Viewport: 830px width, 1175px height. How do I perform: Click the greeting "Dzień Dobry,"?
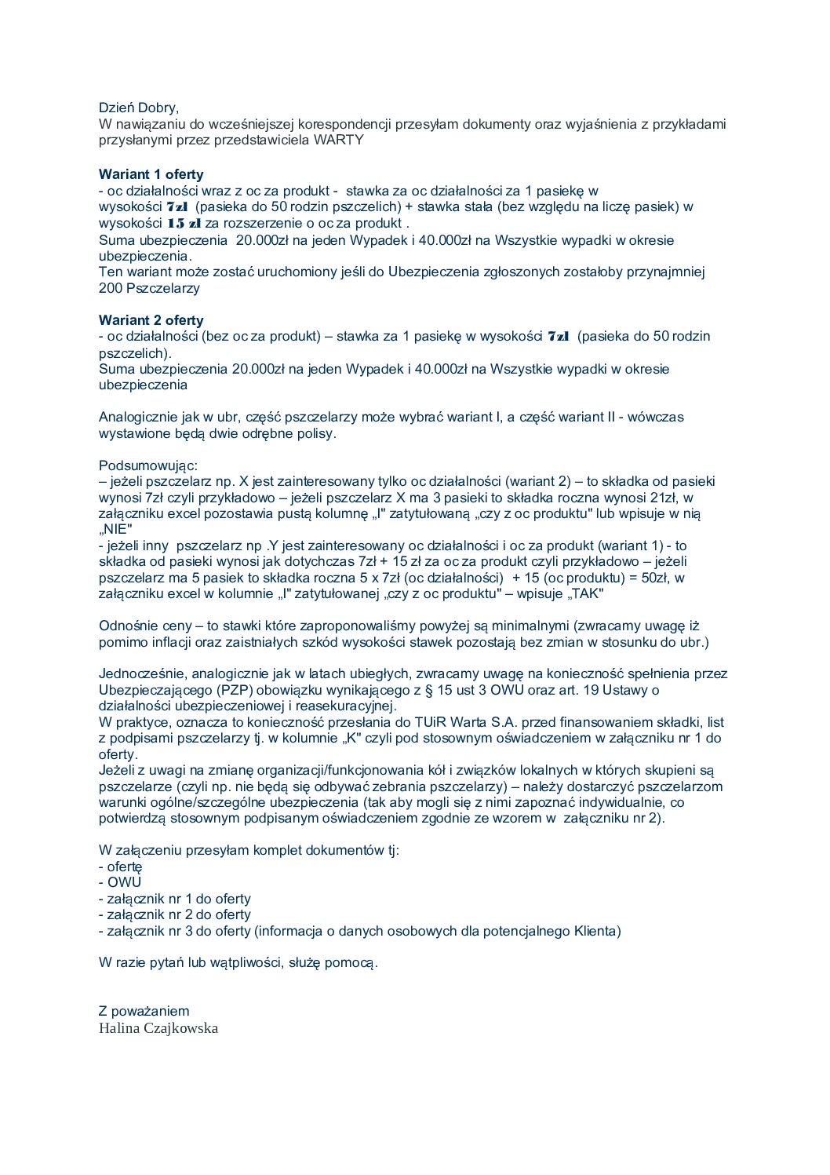138,108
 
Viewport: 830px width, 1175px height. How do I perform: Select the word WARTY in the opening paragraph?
339,140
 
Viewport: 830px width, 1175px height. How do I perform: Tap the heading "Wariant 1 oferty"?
151,174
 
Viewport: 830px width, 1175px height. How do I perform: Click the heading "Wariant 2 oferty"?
151,320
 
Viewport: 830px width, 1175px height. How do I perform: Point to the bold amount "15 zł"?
184,224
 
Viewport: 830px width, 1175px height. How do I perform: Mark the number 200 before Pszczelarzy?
110,288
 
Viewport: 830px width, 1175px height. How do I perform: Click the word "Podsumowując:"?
148,465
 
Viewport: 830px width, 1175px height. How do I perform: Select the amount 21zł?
664,498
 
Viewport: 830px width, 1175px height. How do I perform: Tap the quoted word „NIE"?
116,529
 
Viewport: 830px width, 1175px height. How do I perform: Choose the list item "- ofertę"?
120,867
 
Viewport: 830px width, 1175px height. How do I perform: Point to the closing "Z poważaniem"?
144,1011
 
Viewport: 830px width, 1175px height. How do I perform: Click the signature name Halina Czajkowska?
158,1028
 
